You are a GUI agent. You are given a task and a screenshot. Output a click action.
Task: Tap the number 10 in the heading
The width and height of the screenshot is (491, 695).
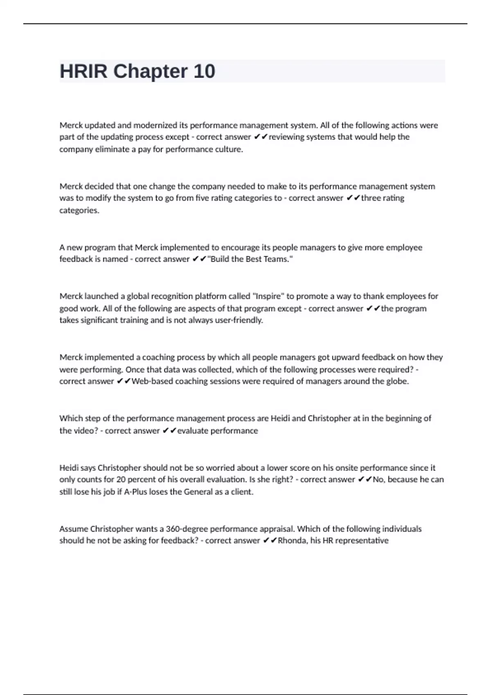point(204,72)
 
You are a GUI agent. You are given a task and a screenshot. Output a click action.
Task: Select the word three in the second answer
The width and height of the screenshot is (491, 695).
point(371,198)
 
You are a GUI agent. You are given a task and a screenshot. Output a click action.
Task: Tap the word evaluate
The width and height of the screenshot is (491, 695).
point(192,430)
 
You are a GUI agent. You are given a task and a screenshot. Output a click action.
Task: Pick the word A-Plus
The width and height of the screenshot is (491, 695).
point(135,492)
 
